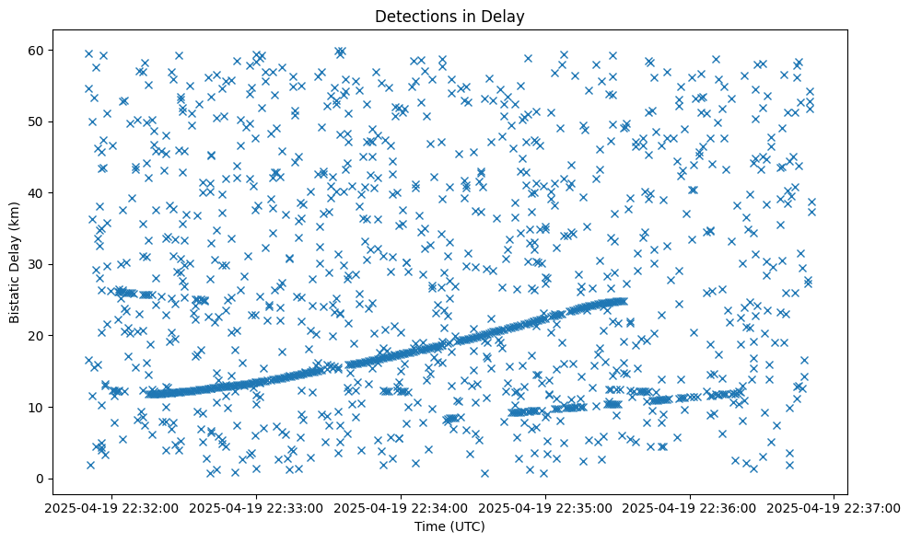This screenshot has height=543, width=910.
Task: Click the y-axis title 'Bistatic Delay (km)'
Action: tap(15, 263)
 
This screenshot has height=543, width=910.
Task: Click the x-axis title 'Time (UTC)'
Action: tap(450, 526)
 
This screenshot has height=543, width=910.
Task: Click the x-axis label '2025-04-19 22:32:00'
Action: tap(111, 507)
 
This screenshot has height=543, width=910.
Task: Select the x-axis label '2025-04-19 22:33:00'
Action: tap(256, 507)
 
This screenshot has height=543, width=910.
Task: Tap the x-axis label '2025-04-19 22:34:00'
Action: tap(401, 507)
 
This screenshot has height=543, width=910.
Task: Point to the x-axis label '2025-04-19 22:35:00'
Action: tap(545, 507)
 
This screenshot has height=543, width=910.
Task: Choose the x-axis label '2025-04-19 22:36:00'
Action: tap(690, 507)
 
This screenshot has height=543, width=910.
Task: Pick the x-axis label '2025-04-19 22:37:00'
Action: tap(834, 507)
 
